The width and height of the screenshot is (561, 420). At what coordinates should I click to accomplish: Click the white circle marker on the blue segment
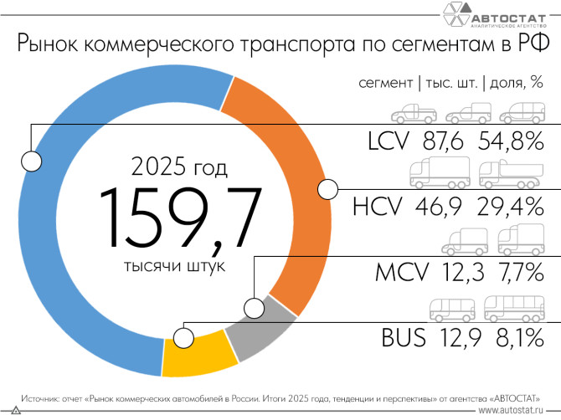(31, 161)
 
